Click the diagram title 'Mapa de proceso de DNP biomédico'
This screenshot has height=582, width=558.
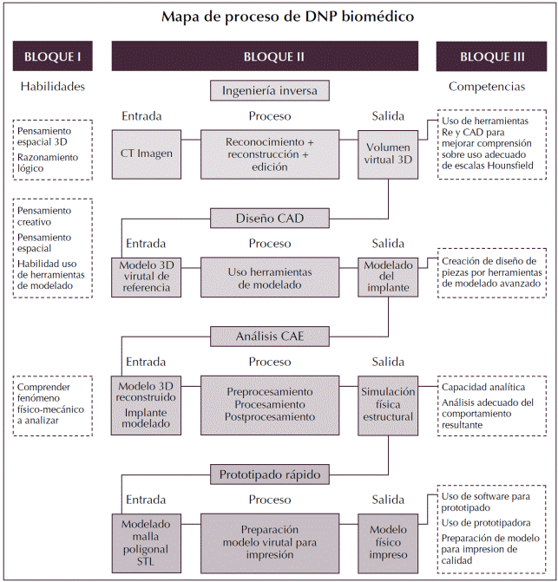[280, 16]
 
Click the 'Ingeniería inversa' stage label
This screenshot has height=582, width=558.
[269, 90]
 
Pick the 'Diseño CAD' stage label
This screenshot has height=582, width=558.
[269, 217]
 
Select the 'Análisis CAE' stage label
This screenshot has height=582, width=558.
[269, 335]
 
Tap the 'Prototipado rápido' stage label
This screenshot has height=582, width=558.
[269, 474]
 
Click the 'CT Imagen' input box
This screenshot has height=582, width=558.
[146, 154]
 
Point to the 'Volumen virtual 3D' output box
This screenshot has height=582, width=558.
[388, 154]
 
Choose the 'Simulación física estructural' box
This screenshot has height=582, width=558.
[388, 404]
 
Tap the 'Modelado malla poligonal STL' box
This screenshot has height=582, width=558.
[146, 541]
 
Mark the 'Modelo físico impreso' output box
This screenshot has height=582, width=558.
[388, 542]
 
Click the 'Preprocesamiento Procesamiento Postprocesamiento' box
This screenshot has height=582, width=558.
[269, 404]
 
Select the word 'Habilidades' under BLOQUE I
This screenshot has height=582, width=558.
[52, 87]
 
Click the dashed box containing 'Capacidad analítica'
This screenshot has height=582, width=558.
[492, 404]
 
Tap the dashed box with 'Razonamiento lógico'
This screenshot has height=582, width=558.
[53, 149]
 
